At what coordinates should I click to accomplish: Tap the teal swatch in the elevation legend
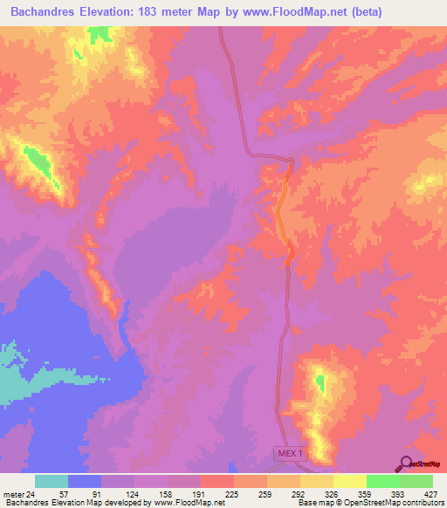coord(52,482)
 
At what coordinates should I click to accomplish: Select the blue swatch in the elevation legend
coord(85,482)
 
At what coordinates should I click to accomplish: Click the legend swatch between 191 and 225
coord(217,482)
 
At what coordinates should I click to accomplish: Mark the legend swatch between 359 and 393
coord(382,482)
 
